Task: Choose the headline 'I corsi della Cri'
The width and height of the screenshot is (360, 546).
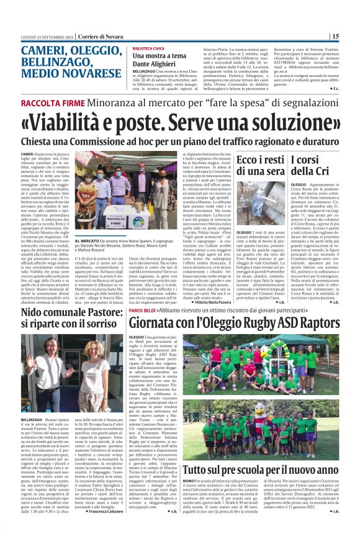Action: (x=325, y=165)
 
